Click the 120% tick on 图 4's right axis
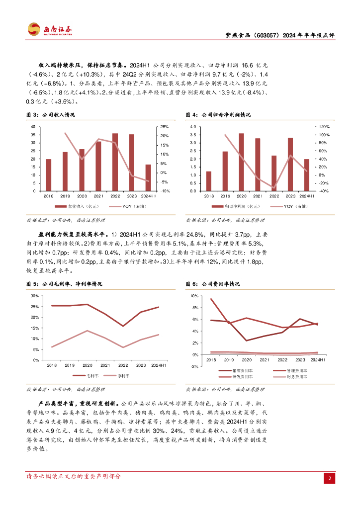click(x=324, y=127)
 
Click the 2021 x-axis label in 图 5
click(x=105, y=365)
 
